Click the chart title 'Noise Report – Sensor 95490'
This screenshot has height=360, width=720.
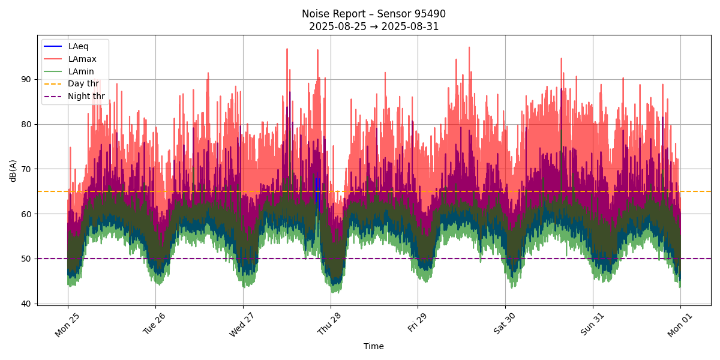[373, 14]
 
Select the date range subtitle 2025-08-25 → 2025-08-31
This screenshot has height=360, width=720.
[373, 26]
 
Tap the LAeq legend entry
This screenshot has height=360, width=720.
[78, 46]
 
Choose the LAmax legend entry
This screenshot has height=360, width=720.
[82, 59]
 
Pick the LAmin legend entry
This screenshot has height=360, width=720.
[81, 71]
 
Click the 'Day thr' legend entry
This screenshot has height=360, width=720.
[83, 84]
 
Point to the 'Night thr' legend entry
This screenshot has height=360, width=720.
[86, 96]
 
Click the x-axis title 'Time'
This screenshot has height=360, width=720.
[373, 346]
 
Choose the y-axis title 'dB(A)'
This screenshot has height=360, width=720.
[13, 170]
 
